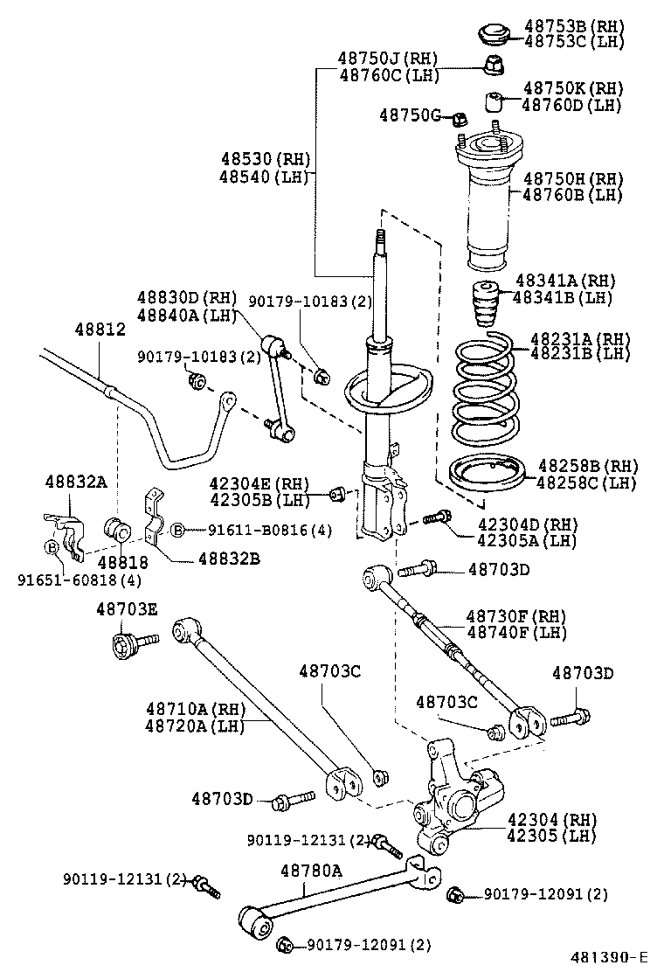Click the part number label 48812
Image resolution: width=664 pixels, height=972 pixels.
click(100, 330)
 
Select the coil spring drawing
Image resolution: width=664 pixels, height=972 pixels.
click(487, 392)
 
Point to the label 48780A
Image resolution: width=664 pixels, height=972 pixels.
click(311, 870)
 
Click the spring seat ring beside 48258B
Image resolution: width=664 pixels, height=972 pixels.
click(487, 476)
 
